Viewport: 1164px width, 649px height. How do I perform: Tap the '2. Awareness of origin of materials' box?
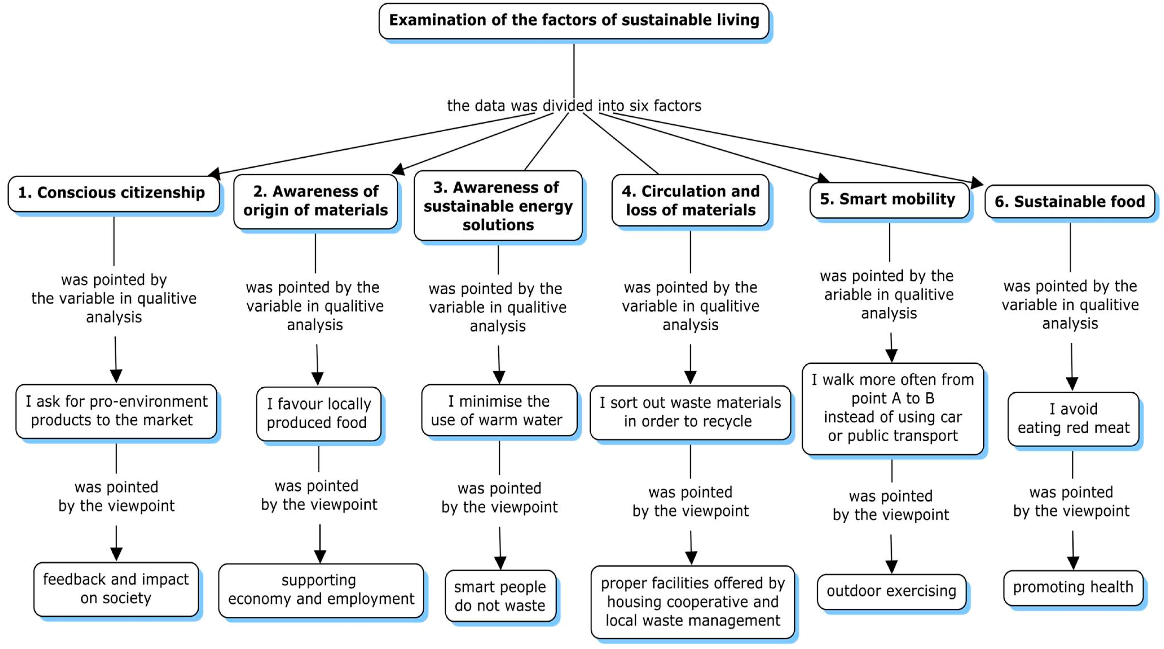click(x=315, y=201)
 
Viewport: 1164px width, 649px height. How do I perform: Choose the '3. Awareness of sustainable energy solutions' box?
click(x=498, y=206)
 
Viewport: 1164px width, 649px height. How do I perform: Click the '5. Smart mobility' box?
click(x=888, y=200)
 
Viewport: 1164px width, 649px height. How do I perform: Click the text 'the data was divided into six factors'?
click(x=574, y=106)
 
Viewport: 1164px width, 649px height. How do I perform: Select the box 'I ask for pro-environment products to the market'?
click(x=116, y=411)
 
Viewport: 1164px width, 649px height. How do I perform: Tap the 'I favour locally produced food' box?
click(x=318, y=413)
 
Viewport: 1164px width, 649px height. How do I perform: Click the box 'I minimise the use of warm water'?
click(x=499, y=410)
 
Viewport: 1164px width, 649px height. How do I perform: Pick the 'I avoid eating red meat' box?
click(x=1073, y=418)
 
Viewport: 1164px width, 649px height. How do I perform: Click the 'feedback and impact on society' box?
click(x=116, y=588)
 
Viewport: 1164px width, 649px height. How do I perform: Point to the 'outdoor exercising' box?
click(x=891, y=591)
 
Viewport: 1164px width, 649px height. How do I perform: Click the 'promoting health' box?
click(x=1073, y=588)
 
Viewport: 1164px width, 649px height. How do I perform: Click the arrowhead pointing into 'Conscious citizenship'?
click(x=214, y=174)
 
